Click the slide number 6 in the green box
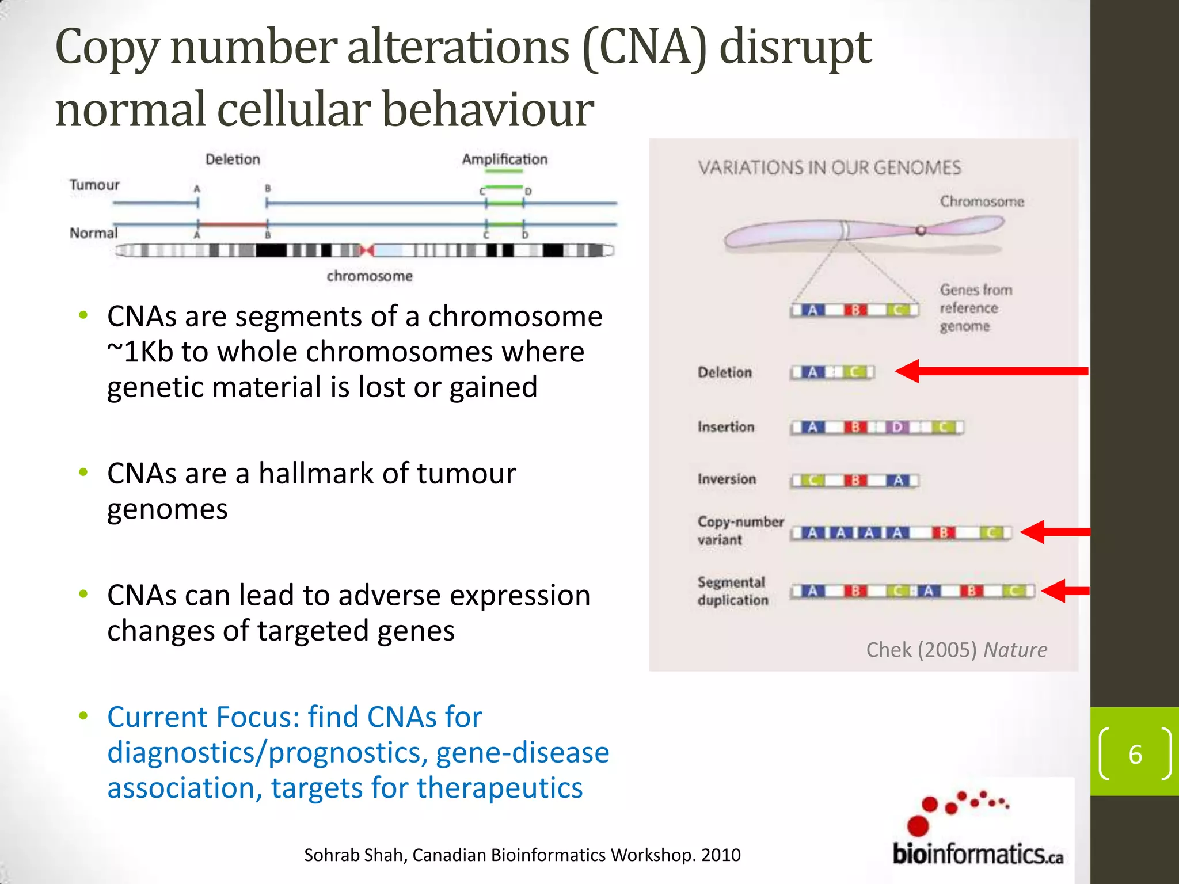coord(1135,755)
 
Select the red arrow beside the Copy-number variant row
coord(1055,532)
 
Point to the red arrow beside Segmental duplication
coord(1065,590)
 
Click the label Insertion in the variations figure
coord(725,427)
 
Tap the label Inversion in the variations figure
coord(727,479)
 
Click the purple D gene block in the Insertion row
coord(897,427)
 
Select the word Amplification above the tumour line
coord(504,159)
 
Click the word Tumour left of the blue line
coord(94,185)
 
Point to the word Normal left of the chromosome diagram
coord(93,233)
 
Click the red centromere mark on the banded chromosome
coord(367,250)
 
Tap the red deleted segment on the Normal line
coord(232,224)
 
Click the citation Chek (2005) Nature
coord(956,650)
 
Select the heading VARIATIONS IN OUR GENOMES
coord(829,168)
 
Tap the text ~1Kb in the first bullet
coord(140,352)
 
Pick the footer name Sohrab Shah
coord(354,855)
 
